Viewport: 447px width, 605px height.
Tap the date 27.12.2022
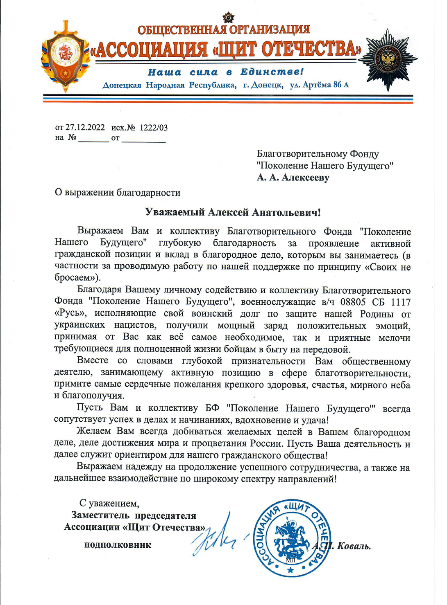tap(85, 127)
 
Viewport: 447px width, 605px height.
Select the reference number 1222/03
tap(154, 127)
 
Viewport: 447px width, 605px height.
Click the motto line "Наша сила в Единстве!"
tap(226, 72)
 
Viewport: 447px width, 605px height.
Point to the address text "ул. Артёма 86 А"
tap(319, 85)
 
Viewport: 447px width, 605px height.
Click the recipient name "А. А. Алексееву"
tap(293, 178)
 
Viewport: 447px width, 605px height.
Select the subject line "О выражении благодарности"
tap(118, 192)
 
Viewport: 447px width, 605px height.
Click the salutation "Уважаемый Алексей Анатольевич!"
tap(233, 212)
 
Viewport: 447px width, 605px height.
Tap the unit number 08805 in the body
tap(355, 302)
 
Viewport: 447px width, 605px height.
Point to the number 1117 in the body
tap(400, 302)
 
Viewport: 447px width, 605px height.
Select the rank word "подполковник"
tap(118, 545)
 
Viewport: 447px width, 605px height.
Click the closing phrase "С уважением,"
tap(109, 503)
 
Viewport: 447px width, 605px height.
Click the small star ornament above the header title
tap(228, 18)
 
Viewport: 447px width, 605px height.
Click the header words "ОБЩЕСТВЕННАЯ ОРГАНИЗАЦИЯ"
tap(224, 30)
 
